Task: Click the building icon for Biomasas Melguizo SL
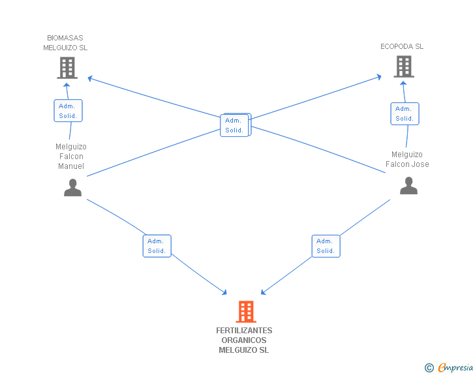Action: [67, 68]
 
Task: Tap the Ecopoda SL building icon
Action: [404, 67]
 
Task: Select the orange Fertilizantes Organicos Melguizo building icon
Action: [246, 312]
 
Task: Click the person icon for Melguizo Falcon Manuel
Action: [72, 188]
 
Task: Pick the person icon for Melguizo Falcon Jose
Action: [408, 186]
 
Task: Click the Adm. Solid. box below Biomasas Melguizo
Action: [68, 111]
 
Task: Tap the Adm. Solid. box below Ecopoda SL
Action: [405, 113]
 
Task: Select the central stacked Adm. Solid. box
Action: [236, 125]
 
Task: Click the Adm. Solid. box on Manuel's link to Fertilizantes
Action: [157, 246]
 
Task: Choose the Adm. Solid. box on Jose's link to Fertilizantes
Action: [326, 246]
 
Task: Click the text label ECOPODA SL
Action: [402, 46]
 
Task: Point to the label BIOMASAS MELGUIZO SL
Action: [65, 42]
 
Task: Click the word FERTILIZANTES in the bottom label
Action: [244, 331]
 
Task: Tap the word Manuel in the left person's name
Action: [71, 166]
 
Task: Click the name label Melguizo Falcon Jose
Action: [407, 159]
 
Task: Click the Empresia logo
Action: [449, 367]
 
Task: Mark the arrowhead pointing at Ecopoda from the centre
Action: [379, 77]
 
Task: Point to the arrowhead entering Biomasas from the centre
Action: [90, 79]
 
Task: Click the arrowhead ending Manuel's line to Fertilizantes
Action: [224, 292]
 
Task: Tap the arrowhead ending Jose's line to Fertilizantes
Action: [263, 292]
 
